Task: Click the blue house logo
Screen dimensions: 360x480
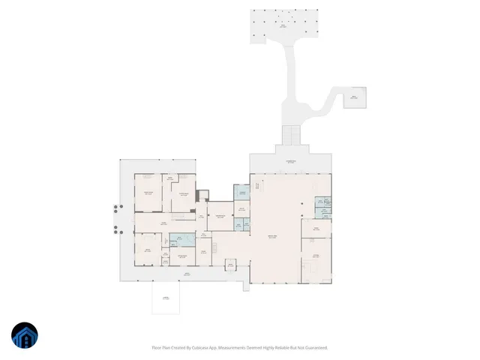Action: [x=25, y=336]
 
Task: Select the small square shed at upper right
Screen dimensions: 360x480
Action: [x=355, y=97]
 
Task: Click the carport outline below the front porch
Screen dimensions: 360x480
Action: [x=166, y=297]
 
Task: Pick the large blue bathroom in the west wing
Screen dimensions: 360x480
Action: [x=181, y=240]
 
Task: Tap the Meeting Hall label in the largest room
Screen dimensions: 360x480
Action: [x=274, y=238]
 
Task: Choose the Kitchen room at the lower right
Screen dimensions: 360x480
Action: [x=315, y=259]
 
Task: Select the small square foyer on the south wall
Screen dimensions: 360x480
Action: [x=230, y=264]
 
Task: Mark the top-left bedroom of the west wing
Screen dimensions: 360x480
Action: [x=148, y=193]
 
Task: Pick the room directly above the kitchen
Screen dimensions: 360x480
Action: [x=316, y=228]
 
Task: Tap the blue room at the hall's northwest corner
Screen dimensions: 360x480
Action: [x=241, y=193]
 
